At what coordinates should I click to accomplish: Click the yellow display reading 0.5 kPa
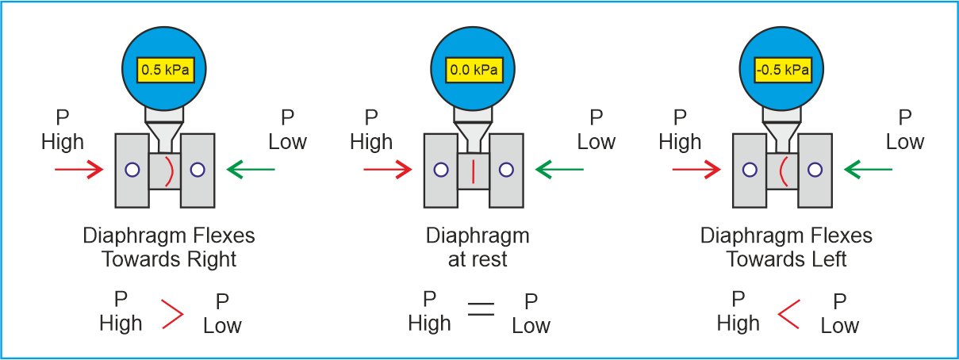166,70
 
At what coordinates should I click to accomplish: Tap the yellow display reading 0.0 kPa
474,70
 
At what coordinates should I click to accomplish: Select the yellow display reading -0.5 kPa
783,70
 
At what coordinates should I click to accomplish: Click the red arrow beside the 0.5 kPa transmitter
79,170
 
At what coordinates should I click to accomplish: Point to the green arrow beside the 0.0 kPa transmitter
559,170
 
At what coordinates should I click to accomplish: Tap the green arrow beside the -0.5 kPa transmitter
869,170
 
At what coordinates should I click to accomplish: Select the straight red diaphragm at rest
473,171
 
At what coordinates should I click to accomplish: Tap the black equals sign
481,309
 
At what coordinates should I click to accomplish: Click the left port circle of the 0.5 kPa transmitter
132,170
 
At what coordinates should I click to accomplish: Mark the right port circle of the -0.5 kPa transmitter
815,170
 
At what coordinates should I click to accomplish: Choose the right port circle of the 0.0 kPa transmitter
506,170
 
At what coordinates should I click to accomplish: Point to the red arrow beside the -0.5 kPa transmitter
696,170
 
